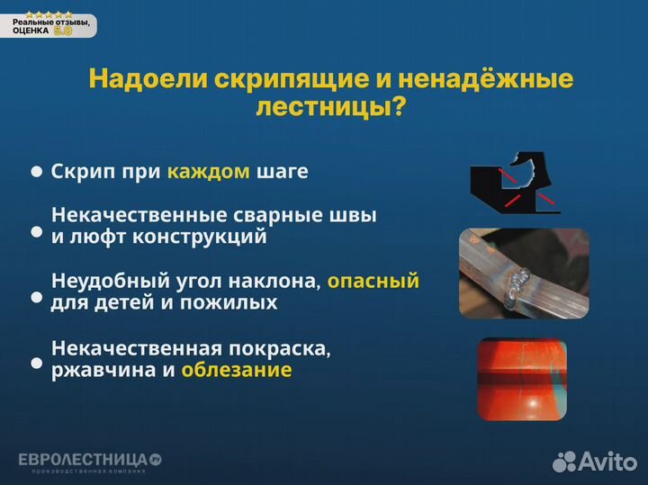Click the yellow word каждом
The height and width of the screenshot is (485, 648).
[208, 172]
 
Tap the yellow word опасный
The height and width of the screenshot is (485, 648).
[373, 281]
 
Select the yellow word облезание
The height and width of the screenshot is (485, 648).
[236, 370]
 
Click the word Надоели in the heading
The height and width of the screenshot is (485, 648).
[148, 79]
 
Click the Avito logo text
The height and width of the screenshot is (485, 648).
[607, 461]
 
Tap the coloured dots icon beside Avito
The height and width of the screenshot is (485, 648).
[564, 461]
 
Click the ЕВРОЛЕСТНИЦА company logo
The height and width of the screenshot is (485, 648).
[89, 461]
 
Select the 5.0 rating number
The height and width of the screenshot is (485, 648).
[63, 31]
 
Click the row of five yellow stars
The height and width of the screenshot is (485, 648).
[49, 14]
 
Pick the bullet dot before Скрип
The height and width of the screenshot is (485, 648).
[37, 171]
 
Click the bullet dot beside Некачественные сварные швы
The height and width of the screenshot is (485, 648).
[37, 232]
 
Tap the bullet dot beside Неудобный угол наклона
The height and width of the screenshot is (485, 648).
[37, 296]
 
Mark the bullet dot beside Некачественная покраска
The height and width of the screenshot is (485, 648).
[37, 364]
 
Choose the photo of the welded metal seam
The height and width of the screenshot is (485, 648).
[511, 273]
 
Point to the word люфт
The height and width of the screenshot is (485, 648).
[102, 238]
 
